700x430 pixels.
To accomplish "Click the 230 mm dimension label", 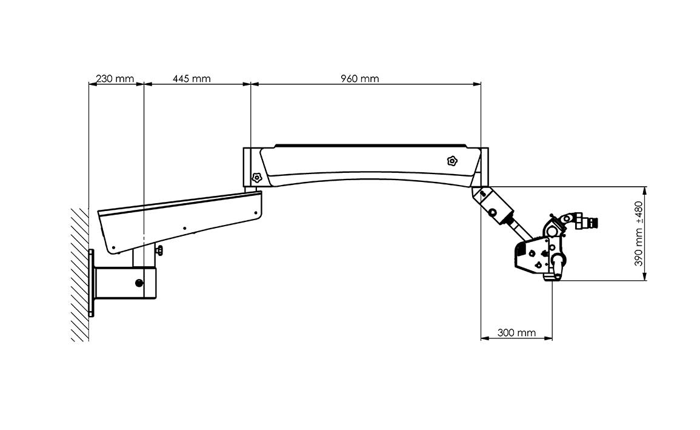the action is (x=115, y=79).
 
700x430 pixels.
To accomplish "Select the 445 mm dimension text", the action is (x=192, y=79).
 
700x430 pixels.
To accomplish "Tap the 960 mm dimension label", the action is (x=360, y=79).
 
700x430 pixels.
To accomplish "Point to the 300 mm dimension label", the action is (x=516, y=332).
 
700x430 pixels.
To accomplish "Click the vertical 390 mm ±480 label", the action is (x=639, y=233).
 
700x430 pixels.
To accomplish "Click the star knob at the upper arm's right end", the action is (x=452, y=160).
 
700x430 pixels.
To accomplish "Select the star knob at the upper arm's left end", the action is (x=257, y=178).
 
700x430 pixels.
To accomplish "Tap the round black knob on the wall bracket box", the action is (x=139, y=282).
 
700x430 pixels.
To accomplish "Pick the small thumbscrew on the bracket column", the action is (x=159, y=251).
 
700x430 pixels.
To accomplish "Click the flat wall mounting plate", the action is (x=92, y=283).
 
